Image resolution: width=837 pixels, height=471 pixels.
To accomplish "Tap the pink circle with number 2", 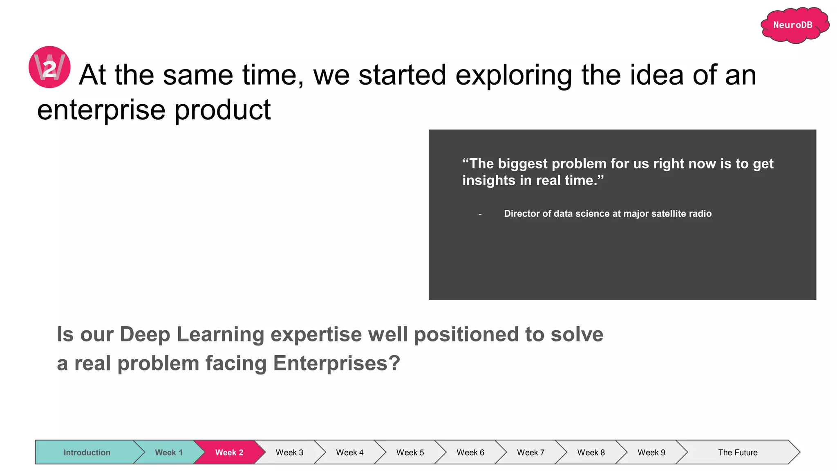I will pyautogui.click(x=49, y=67).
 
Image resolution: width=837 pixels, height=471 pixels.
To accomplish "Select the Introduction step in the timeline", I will pyautogui.click(x=87, y=452).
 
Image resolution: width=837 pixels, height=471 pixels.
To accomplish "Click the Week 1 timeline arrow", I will pyautogui.click(x=168, y=452).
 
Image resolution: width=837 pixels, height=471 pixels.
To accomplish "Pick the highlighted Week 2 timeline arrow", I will pyautogui.click(x=229, y=452).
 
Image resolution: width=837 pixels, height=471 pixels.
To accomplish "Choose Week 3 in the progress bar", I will pyautogui.click(x=289, y=452).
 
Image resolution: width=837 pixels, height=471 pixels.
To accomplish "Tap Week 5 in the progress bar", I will pyautogui.click(x=410, y=452).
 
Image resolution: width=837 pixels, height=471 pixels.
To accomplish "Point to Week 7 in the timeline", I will pyautogui.click(x=530, y=452).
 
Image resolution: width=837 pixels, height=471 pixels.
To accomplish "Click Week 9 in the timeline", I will pyautogui.click(x=651, y=452).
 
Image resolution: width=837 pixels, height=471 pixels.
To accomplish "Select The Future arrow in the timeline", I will pyautogui.click(x=737, y=452).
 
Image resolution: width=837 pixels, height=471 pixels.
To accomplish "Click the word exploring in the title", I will pyautogui.click(x=513, y=75).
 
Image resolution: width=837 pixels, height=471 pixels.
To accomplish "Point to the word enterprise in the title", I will pyautogui.click(x=101, y=110).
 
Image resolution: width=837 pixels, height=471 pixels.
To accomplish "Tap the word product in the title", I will pyautogui.click(x=223, y=110).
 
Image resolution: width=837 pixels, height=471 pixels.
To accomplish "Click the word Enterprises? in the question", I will pyautogui.click(x=336, y=363).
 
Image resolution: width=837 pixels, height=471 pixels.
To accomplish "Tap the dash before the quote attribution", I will pyautogui.click(x=480, y=214).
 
